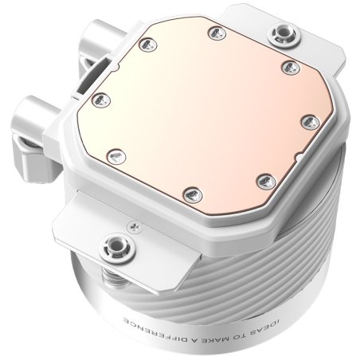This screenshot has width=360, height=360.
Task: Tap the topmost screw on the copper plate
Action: (x=213, y=32)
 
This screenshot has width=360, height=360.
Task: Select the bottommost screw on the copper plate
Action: (x=189, y=193)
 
